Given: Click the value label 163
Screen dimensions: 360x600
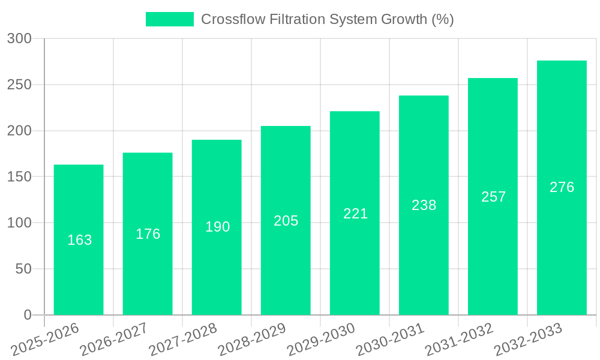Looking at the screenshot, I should [80, 240].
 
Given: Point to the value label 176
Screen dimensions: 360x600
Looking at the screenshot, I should [148, 234].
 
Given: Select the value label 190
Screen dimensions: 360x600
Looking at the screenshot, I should [217, 227].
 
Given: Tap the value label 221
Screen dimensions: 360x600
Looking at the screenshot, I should [355, 214].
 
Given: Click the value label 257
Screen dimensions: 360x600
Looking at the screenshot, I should [493, 197].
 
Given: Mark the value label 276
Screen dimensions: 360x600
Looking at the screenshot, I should [562, 187].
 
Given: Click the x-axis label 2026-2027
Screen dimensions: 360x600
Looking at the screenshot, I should [114, 339].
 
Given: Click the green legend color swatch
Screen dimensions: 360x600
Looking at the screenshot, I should [170, 19].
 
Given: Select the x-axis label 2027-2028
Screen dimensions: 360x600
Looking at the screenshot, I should [183, 339].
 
